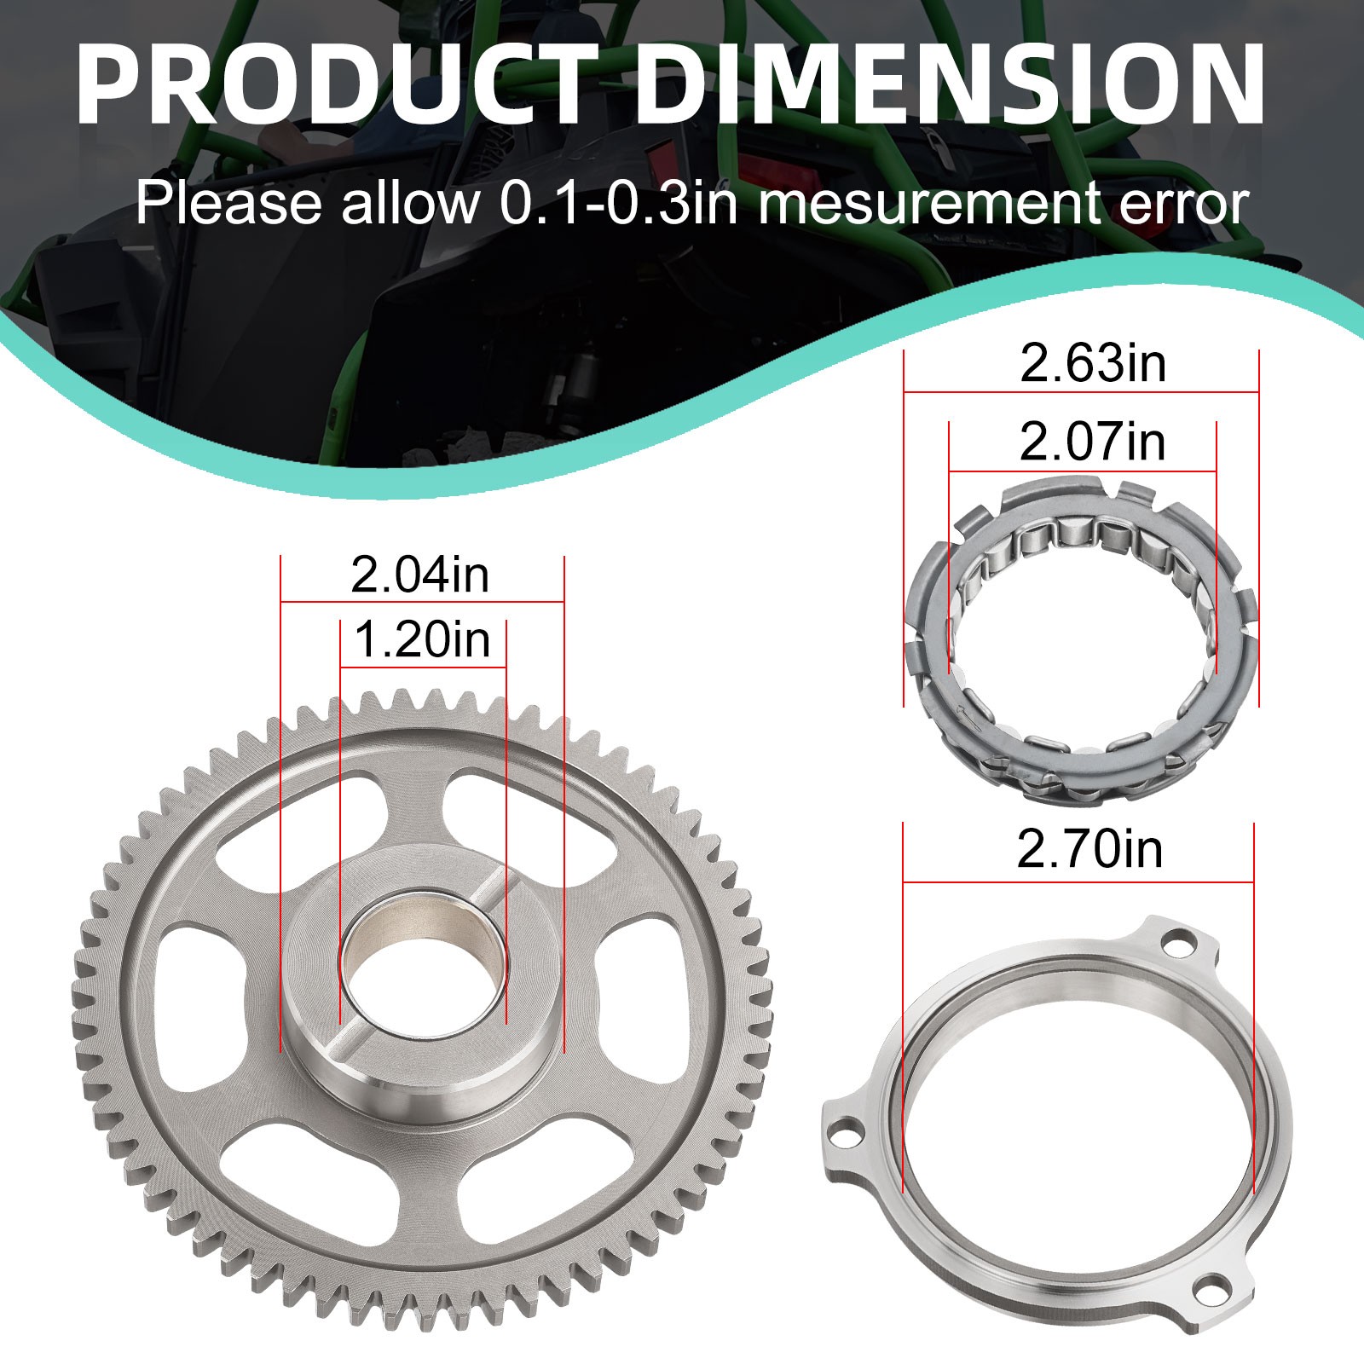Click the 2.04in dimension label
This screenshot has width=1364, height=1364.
420,575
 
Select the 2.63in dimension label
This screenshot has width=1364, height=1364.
1093,364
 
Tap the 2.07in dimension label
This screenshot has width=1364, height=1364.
1093,442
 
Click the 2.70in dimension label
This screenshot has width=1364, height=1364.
1090,850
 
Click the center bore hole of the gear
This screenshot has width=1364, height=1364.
423,963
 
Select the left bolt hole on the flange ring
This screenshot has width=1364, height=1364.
844,1135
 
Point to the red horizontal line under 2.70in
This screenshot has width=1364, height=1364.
1078,881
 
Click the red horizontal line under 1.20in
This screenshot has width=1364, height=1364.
423,667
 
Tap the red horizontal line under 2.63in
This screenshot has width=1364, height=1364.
1081,392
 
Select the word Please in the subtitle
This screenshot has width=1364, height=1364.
228,205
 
